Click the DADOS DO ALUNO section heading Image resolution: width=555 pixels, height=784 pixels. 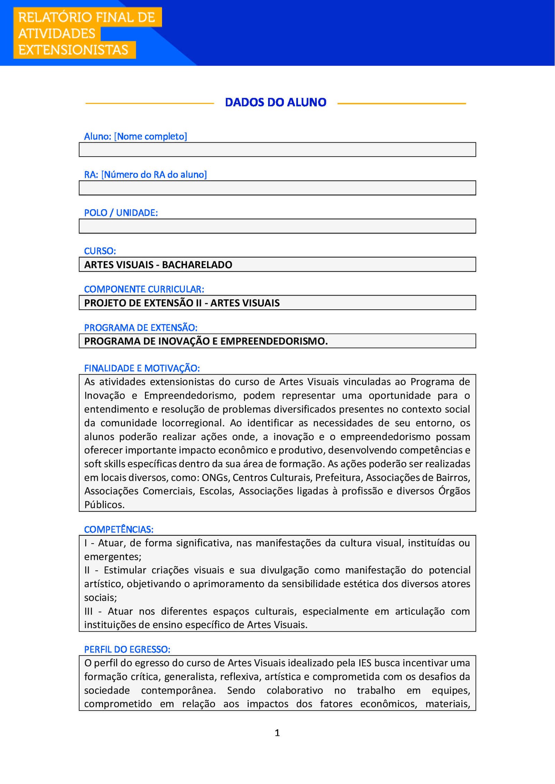(x=275, y=103)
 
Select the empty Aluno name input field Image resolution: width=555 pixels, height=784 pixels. (x=277, y=150)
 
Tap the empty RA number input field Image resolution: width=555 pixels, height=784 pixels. (x=277, y=188)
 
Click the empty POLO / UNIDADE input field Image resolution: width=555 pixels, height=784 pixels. (x=277, y=226)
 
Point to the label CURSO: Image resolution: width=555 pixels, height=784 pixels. (x=100, y=251)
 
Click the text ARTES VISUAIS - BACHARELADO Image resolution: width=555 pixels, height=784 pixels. (x=158, y=265)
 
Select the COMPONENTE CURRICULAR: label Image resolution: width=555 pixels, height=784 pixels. (x=144, y=289)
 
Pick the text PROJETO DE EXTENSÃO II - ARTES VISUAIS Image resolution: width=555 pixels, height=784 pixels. (x=182, y=303)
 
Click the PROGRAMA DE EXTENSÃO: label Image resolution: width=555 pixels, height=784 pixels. (x=140, y=327)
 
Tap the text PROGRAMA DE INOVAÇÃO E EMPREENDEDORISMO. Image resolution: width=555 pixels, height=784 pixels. (x=206, y=341)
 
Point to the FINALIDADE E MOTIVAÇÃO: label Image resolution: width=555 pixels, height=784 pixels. (x=142, y=368)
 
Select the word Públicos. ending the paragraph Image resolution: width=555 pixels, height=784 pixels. (x=104, y=505)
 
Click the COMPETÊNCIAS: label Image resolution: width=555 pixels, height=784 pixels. (x=119, y=529)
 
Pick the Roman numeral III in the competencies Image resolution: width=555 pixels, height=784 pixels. (x=88, y=611)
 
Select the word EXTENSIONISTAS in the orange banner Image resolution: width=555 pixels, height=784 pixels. (x=73, y=50)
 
